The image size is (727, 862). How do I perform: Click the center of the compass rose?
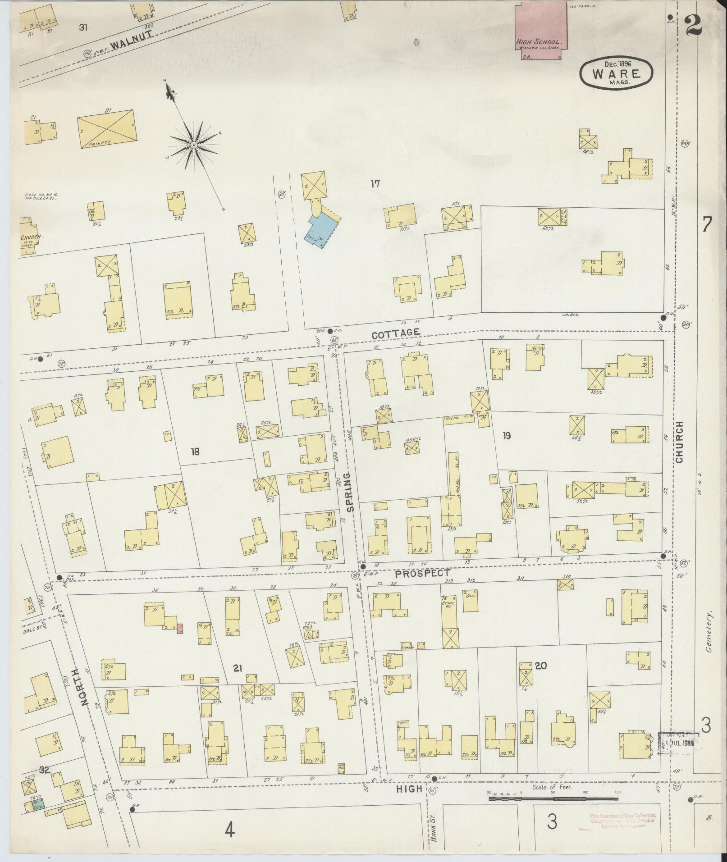click(194, 145)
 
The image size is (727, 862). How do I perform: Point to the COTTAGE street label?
click(396, 333)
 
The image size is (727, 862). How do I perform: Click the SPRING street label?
click(351, 491)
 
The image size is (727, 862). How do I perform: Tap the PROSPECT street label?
click(423, 573)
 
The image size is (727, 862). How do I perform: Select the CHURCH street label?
click(679, 442)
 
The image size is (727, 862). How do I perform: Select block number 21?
click(238, 668)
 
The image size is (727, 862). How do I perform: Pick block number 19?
click(507, 436)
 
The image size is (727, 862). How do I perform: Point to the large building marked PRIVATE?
click(106, 128)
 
